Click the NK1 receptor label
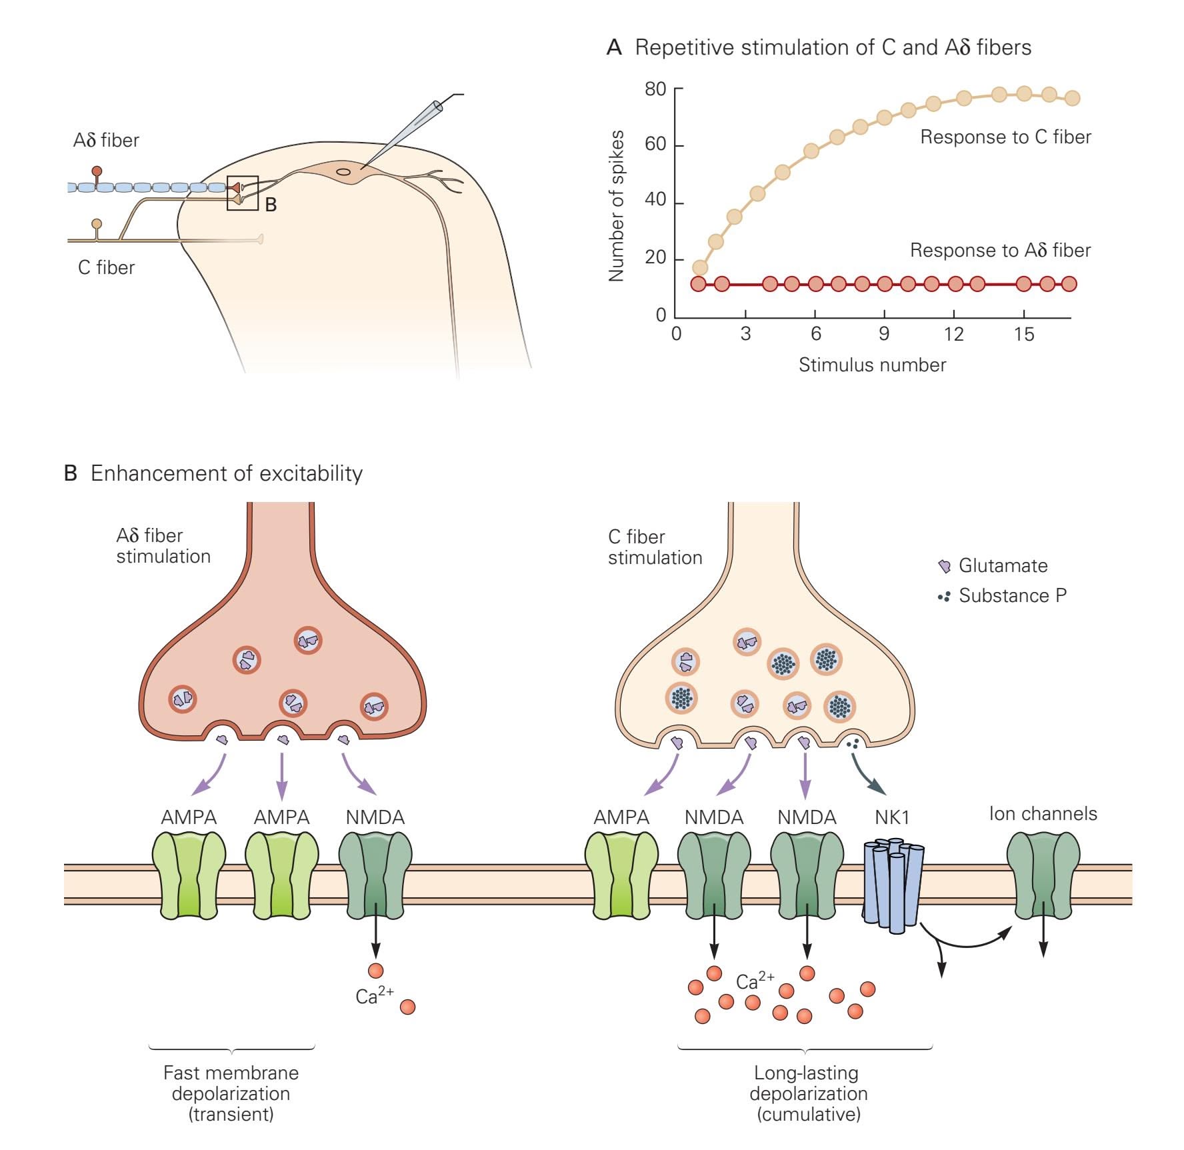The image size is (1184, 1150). [892, 817]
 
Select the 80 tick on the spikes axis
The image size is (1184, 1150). [655, 89]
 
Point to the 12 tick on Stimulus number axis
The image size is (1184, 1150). [953, 333]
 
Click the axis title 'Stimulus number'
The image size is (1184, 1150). [872, 365]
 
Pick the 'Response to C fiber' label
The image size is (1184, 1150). [1005, 137]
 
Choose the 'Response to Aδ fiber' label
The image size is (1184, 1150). [1000, 251]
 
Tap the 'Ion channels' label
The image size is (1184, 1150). [1043, 814]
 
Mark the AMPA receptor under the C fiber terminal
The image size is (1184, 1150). [621, 875]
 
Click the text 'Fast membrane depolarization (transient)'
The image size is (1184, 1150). [231, 1093]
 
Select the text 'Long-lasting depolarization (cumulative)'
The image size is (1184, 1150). [808, 1093]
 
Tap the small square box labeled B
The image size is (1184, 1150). [242, 193]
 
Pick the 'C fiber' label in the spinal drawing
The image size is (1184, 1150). [106, 268]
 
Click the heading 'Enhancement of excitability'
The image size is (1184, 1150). [227, 473]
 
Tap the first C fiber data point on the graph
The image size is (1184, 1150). [699, 268]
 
